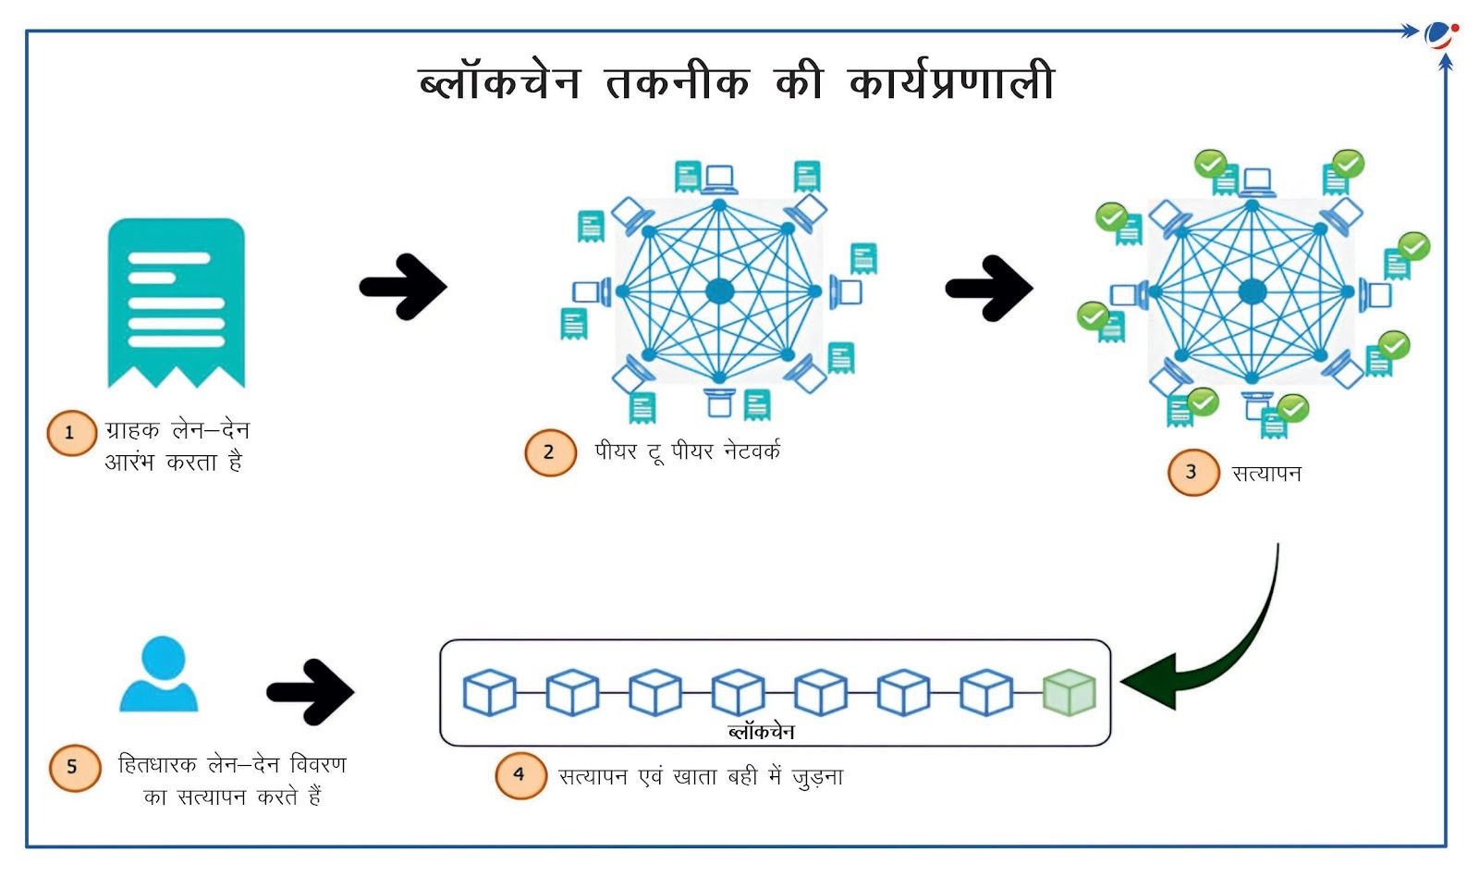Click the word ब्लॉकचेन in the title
coord(499,81)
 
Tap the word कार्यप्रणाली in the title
coord(951,81)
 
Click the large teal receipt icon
coord(176,302)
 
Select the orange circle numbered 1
coord(71,433)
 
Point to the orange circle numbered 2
coord(549,452)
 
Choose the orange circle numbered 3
coord(1192,472)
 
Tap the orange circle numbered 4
coord(519,774)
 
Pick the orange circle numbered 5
coord(74,767)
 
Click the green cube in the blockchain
coord(1069,693)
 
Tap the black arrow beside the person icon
coord(311,691)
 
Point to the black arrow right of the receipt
coord(403,287)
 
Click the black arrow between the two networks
coord(989,288)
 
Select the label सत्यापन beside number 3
coord(1266,474)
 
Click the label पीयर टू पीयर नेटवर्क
coord(687,451)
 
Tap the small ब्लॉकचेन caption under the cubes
coord(761,732)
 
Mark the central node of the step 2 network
coord(719,291)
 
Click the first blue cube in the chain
coord(489,693)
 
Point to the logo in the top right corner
coord(1440,35)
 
